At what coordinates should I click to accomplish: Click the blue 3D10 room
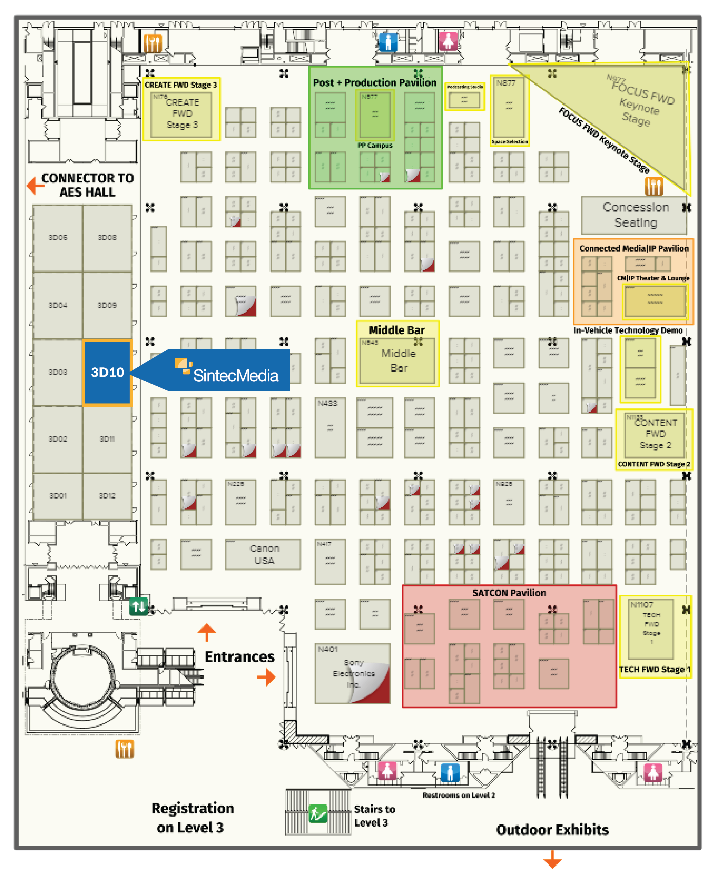click(107, 373)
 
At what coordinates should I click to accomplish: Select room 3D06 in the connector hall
click(58, 238)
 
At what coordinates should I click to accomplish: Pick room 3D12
click(107, 496)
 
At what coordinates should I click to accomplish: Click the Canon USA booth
click(263, 554)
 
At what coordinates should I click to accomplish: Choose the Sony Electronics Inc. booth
click(353, 673)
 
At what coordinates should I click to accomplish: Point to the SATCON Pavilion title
click(509, 593)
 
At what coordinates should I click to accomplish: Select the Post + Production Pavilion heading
click(375, 83)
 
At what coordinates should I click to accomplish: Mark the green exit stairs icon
click(318, 813)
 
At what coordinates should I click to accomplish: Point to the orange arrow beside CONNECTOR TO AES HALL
click(36, 186)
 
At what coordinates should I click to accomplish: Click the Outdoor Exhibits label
click(552, 829)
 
